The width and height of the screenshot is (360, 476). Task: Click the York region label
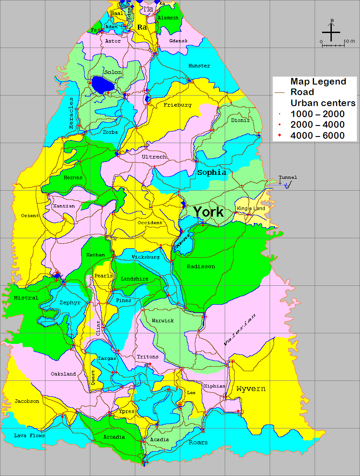point(208,212)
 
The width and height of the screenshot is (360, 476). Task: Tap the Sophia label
point(212,172)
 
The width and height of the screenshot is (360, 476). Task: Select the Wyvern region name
point(251,389)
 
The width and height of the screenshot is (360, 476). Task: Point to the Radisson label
point(200,266)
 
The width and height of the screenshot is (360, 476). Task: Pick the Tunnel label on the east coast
point(288,177)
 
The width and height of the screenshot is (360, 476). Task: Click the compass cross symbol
point(331,32)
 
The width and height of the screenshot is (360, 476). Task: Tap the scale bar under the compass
point(333,44)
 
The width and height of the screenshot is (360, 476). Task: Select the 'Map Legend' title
point(318,81)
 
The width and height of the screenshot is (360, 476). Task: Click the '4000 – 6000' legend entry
point(317,136)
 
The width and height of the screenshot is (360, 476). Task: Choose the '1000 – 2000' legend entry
point(317,114)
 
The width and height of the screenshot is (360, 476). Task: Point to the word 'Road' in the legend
point(302,92)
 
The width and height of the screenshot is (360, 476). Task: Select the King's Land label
point(251,208)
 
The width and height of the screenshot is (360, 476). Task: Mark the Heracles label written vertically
point(71,113)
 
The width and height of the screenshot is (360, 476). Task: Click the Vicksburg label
point(145,257)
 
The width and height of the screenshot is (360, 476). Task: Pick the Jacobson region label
point(27,401)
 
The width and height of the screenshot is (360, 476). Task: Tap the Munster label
point(199,66)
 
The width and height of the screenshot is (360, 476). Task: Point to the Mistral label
point(26,298)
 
